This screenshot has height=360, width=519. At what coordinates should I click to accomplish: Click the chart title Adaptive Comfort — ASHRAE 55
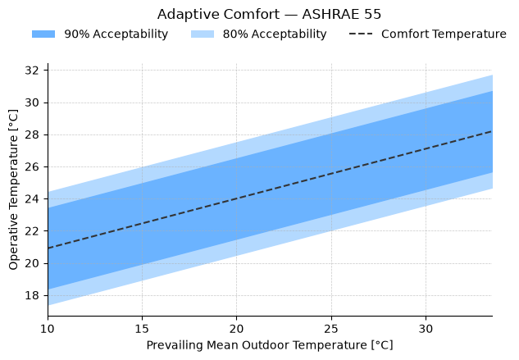(269, 15)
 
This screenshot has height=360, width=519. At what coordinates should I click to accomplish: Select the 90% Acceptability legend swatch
(43, 34)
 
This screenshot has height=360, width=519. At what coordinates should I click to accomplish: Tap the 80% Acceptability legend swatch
(203, 34)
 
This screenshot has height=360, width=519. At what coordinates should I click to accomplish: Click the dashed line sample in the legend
(361, 34)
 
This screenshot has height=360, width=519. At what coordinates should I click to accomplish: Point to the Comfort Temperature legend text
(444, 34)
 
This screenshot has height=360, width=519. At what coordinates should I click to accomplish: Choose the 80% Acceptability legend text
(275, 34)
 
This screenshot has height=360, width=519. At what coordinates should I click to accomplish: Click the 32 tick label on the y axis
(32, 71)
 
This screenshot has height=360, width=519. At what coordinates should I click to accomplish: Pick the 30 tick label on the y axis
(32, 103)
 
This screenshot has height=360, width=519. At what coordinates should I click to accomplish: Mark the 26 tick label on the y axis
(32, 167)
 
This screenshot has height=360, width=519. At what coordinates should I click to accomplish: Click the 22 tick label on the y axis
(32, 230)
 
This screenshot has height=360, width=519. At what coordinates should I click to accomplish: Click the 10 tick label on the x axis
(48, 329)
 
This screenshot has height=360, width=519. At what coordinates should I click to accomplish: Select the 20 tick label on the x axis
(237, 329)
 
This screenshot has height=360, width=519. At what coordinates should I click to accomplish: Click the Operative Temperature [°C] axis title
(13, 189)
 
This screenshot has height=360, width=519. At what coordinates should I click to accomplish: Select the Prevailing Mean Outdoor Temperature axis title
(270, 345)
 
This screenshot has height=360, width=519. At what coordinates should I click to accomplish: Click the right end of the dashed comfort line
(492, 131)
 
